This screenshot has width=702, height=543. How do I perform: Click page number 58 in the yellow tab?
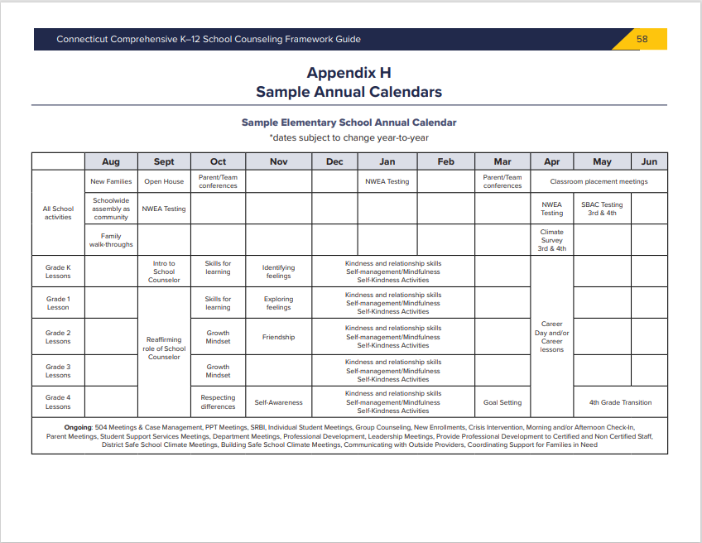click(642, 39)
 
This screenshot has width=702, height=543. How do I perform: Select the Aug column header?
click(111, 161)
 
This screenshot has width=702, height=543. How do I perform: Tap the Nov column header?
click(279, 161)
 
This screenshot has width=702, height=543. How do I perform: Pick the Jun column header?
click(649, 161)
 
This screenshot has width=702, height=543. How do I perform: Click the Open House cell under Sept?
click(164, 181)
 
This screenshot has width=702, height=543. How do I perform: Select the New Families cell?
click(111, 181)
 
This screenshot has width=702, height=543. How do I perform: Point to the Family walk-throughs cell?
click(111, 240)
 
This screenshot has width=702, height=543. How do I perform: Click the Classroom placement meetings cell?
click(599, 181)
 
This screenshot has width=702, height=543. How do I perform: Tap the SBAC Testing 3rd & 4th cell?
click(602, 209)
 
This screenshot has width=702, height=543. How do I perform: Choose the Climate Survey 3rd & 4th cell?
click(551, 240)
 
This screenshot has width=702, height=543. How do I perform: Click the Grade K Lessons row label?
click(58, 271)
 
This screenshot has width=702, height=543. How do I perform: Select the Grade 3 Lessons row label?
click(58, 371)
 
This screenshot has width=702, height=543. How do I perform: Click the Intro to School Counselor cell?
click(164, 271)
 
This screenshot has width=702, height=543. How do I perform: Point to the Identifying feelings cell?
click(279, 271)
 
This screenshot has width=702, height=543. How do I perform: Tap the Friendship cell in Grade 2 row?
click(279, 337)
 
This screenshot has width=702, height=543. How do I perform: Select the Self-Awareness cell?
click(279, 402)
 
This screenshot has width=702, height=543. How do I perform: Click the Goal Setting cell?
click(502, 402)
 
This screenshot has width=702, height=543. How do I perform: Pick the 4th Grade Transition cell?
click(620, 402)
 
